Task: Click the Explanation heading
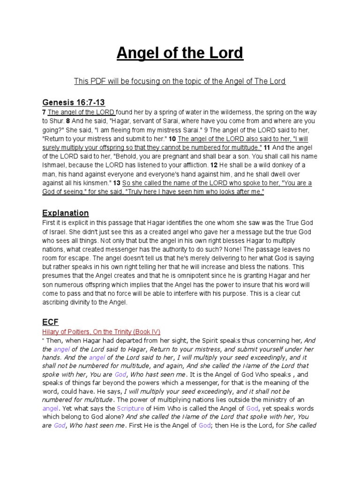click(66, 213)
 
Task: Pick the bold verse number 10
click(172, 139)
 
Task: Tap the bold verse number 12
click(214, 165)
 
